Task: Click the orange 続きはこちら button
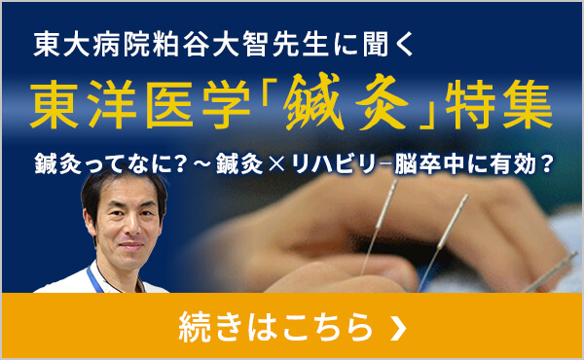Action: [x=291, y=327]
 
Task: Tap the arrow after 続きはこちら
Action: [x=396, y=328]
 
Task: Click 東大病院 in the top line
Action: [x=82, y=44]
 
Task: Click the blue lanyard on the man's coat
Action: [x=94, y=280]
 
